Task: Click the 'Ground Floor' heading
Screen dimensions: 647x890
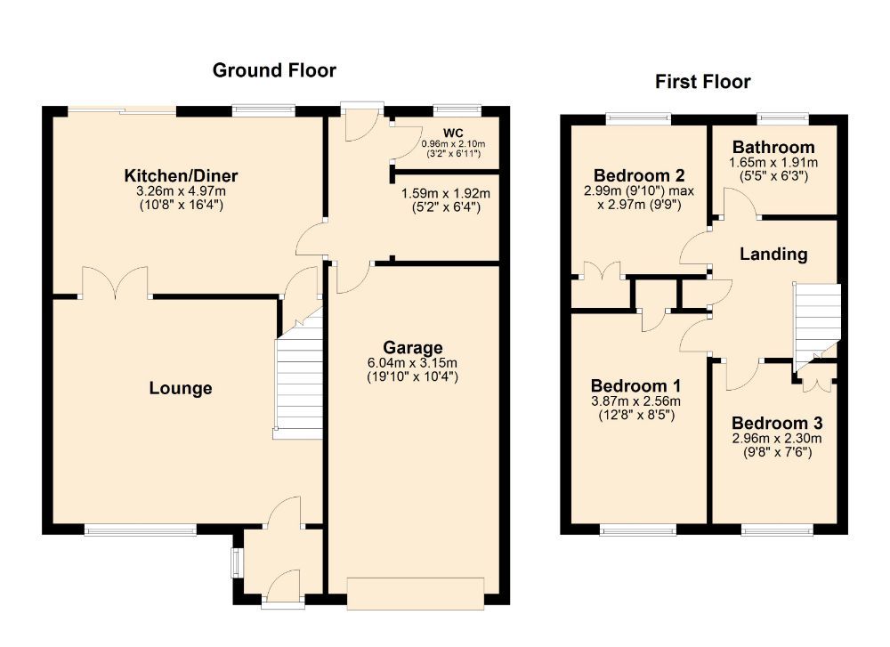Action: (x=274, y=70)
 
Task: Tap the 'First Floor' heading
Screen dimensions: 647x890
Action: (x=702, y=82)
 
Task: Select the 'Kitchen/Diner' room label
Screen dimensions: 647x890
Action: (x=181, y=174)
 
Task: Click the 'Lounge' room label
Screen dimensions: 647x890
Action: (x=181, y=388)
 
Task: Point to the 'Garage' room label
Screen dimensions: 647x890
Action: (x=413, y=346)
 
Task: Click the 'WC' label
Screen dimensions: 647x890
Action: (x=454, y=131)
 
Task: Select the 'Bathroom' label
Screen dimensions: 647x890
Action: (x=773, y=147)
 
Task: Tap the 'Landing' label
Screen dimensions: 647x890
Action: (x=773, y=255)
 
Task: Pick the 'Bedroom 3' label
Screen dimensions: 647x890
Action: (x=777, y=423)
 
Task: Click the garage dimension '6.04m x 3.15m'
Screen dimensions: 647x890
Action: (x=413, y=362)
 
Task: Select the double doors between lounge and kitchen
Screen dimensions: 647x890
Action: (x=116, y=283)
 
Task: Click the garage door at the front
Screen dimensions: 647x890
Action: (x=416, y=594)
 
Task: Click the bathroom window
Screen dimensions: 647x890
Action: (x=783, y=117)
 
